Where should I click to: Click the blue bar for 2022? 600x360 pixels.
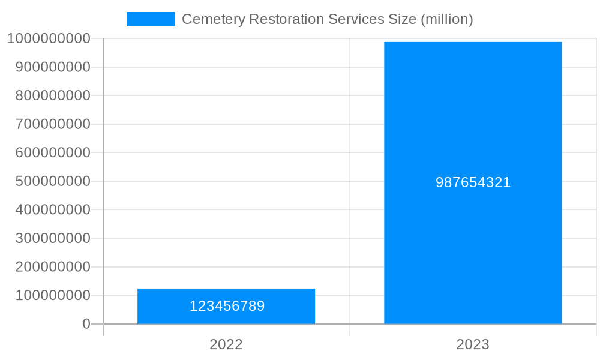coord(226,296)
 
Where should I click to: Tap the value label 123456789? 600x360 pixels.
coord(227,306)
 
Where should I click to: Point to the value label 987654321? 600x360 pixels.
coord(473,182)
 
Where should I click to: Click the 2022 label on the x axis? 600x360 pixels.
coord(226,344)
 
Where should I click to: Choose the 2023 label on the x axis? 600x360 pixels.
coord(473,344)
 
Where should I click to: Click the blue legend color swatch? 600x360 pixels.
coord(150,19)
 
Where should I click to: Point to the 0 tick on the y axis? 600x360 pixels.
coord(86,324)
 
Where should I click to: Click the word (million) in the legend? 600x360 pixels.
coord(447,19)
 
